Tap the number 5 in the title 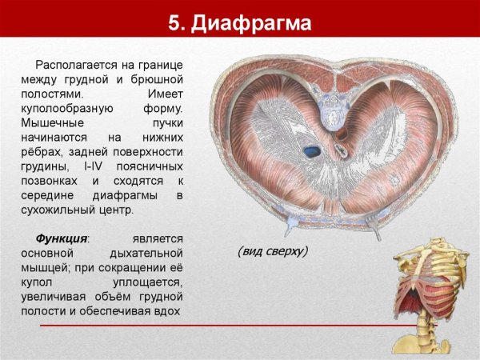174,23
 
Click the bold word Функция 62,239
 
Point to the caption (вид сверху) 273,251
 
